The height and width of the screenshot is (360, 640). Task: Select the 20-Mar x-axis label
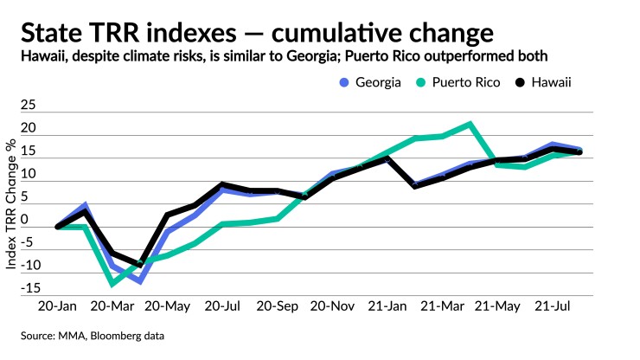[112, 308]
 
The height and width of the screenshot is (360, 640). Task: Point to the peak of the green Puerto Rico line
[469, 124]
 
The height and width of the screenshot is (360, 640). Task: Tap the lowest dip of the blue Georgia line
[138, 281]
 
